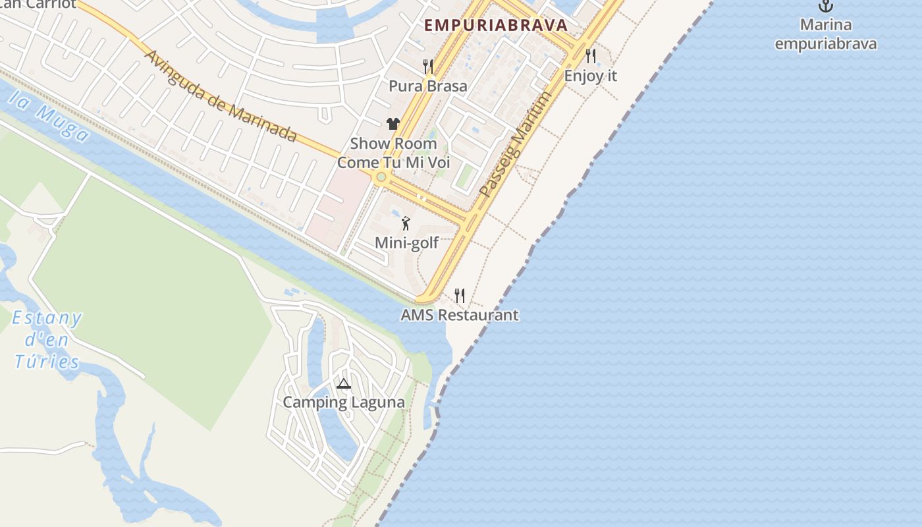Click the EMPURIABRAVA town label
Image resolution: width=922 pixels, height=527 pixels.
495,25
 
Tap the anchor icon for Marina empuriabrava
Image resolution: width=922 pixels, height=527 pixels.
825,7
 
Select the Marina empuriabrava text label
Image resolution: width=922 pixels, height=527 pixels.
825,34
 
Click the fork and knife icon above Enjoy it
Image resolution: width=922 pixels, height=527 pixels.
591,56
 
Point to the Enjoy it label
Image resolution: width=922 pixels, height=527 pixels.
591,75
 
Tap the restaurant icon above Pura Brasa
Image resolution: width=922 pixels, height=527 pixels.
428,66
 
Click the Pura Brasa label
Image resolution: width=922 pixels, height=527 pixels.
428,86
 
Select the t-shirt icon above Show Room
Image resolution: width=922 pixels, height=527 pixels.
393,123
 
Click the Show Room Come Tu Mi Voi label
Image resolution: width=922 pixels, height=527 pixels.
394,153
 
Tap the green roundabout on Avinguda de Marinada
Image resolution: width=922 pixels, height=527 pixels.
381,177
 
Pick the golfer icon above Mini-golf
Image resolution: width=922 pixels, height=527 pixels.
406,223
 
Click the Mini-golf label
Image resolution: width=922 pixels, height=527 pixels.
406,243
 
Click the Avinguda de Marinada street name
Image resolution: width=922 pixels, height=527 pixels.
221,96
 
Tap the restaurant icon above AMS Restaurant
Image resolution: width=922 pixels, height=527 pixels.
460,295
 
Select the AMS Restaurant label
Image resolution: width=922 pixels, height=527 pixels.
460,315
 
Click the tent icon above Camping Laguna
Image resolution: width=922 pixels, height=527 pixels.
343,383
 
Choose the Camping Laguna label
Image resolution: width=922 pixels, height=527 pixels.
344,402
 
